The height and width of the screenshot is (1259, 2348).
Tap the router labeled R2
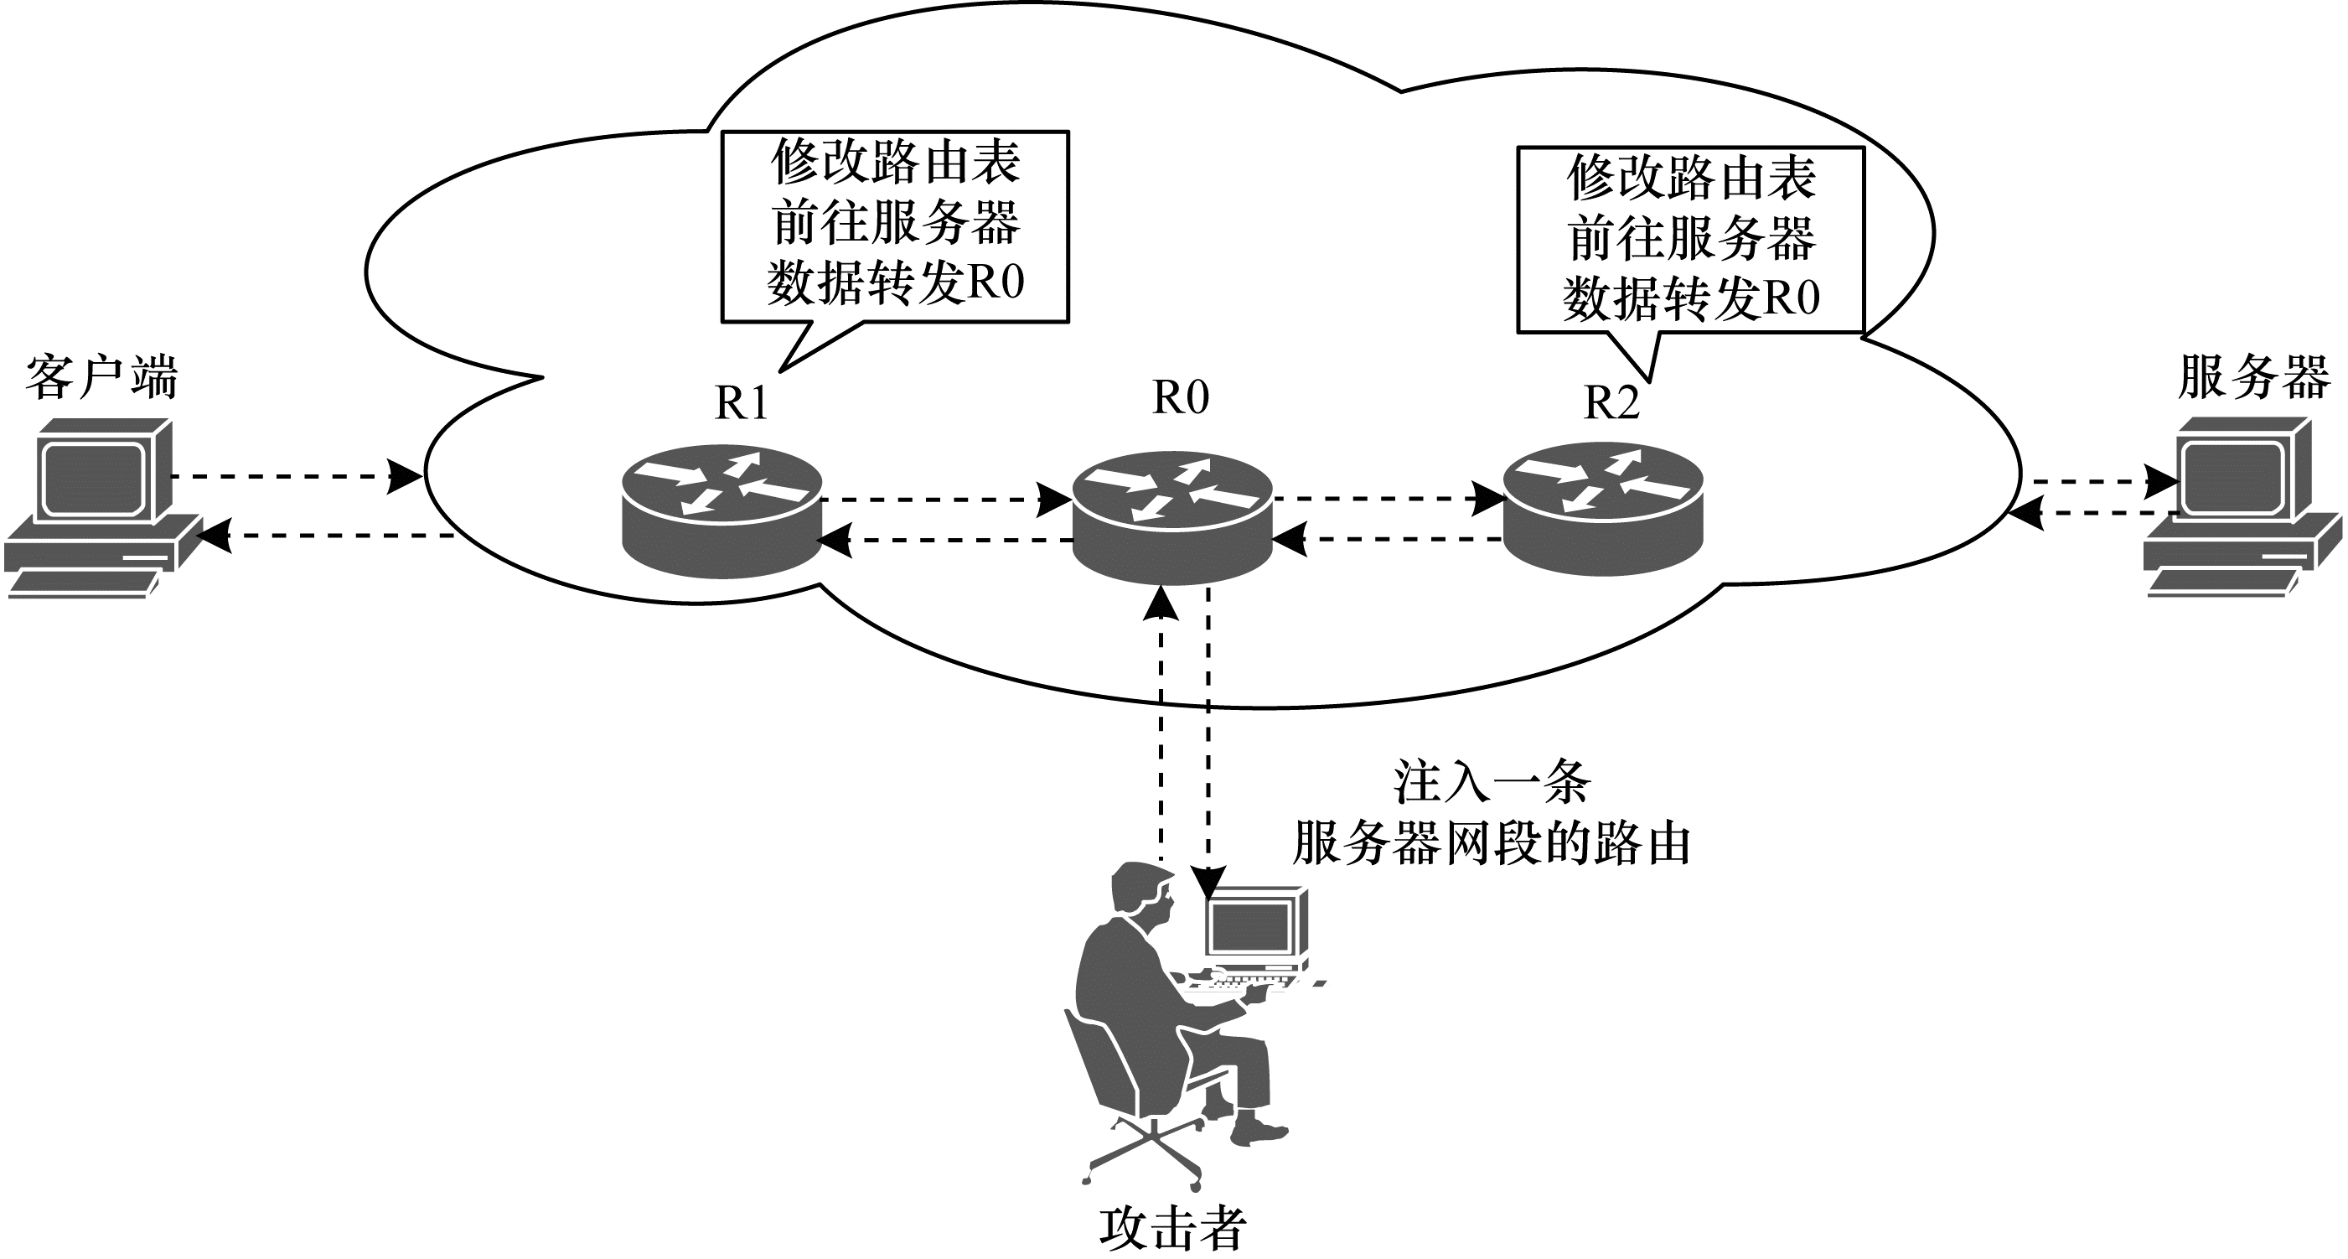(1602, 510)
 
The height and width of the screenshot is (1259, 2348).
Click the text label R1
(741, 402)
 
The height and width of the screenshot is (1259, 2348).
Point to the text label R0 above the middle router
(1181, 396)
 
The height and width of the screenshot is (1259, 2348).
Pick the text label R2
(1611, 402)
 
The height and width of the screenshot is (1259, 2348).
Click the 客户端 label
(101, 377)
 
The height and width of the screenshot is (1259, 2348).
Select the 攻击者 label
(1172, 1228)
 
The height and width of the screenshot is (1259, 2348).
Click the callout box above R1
(894, 225)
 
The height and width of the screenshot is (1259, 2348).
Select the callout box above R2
(1690, 240)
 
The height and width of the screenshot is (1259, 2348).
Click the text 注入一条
(1492, 781)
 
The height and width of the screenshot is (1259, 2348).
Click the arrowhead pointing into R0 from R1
(1056, 500)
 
